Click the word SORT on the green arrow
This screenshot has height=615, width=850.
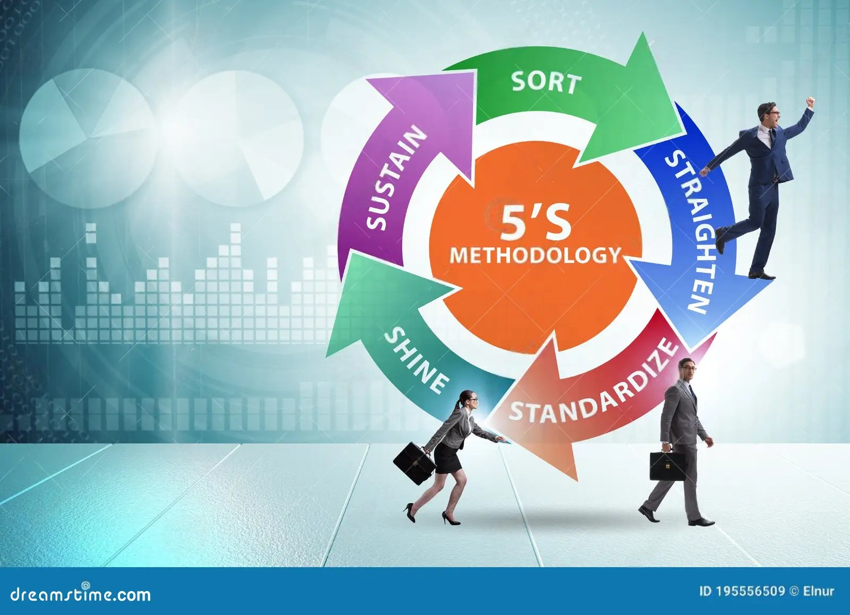[x=546, y=82]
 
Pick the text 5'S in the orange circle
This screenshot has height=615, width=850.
[x=535, y=222]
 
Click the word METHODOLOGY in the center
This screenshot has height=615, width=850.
[x=535, y=255]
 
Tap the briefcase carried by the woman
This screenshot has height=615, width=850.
[x=414, y=462]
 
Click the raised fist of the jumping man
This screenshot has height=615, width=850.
[x=810, y=102]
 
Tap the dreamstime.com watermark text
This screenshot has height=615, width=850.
[x=81, y=594]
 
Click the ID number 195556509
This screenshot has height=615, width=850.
[x=750, y=591]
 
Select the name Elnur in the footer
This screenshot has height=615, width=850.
[x=819, y=591]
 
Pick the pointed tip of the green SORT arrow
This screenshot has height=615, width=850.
[x=683, y=133]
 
